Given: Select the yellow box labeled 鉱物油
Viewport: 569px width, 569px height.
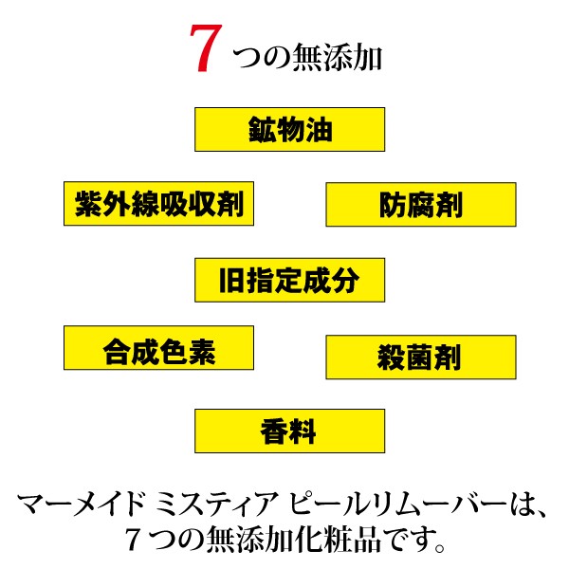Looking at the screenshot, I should [x=289, y=129].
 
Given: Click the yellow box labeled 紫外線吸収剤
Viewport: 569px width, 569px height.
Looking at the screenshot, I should [x=158, y=203].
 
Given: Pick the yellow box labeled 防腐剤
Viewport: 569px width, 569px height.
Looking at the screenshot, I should [x=421, y=205].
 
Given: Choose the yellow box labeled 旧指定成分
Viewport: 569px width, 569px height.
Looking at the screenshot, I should [x=289, y=280].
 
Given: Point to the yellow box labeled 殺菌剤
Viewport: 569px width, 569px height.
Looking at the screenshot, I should [x=421, y=358].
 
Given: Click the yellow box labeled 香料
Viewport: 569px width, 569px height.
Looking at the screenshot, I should [x=289, y=431].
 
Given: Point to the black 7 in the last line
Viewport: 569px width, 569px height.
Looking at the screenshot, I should [x=134, y=541].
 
